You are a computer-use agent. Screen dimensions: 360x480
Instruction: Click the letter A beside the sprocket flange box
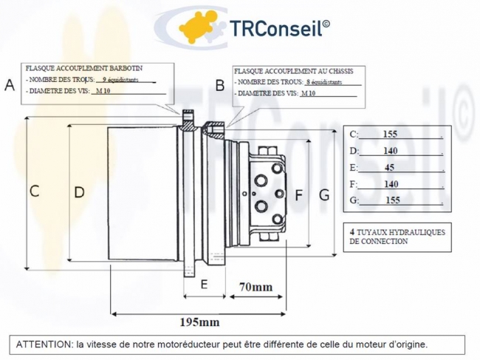pos(10,84)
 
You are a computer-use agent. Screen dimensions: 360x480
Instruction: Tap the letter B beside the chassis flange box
pos(219,86)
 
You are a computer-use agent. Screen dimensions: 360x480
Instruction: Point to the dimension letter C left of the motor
pos(34,191)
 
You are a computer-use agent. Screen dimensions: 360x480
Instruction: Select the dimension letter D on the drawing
pos(79,192)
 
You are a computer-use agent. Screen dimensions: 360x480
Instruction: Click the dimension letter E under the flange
pos(205,283)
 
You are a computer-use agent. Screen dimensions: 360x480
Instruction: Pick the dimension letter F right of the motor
pos(299,195)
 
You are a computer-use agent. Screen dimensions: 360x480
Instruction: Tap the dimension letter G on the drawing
pos(323,195)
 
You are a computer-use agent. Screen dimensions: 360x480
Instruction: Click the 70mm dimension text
pos(256,287)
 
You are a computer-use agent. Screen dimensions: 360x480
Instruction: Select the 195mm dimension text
pos(199,322)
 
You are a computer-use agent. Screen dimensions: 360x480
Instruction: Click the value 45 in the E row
pos(390,167)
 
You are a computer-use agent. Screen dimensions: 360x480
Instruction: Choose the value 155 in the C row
pos(391,135)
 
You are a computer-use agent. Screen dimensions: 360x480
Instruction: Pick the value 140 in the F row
pos(391,184)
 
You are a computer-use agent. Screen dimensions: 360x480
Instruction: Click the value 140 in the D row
pos(391,151)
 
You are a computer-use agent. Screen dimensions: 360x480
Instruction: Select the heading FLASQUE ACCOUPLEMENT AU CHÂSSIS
pos(293,71)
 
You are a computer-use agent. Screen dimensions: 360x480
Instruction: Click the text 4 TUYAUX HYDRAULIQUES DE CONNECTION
pos(397,237)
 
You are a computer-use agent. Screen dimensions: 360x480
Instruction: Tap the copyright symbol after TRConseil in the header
pos(326,23)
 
